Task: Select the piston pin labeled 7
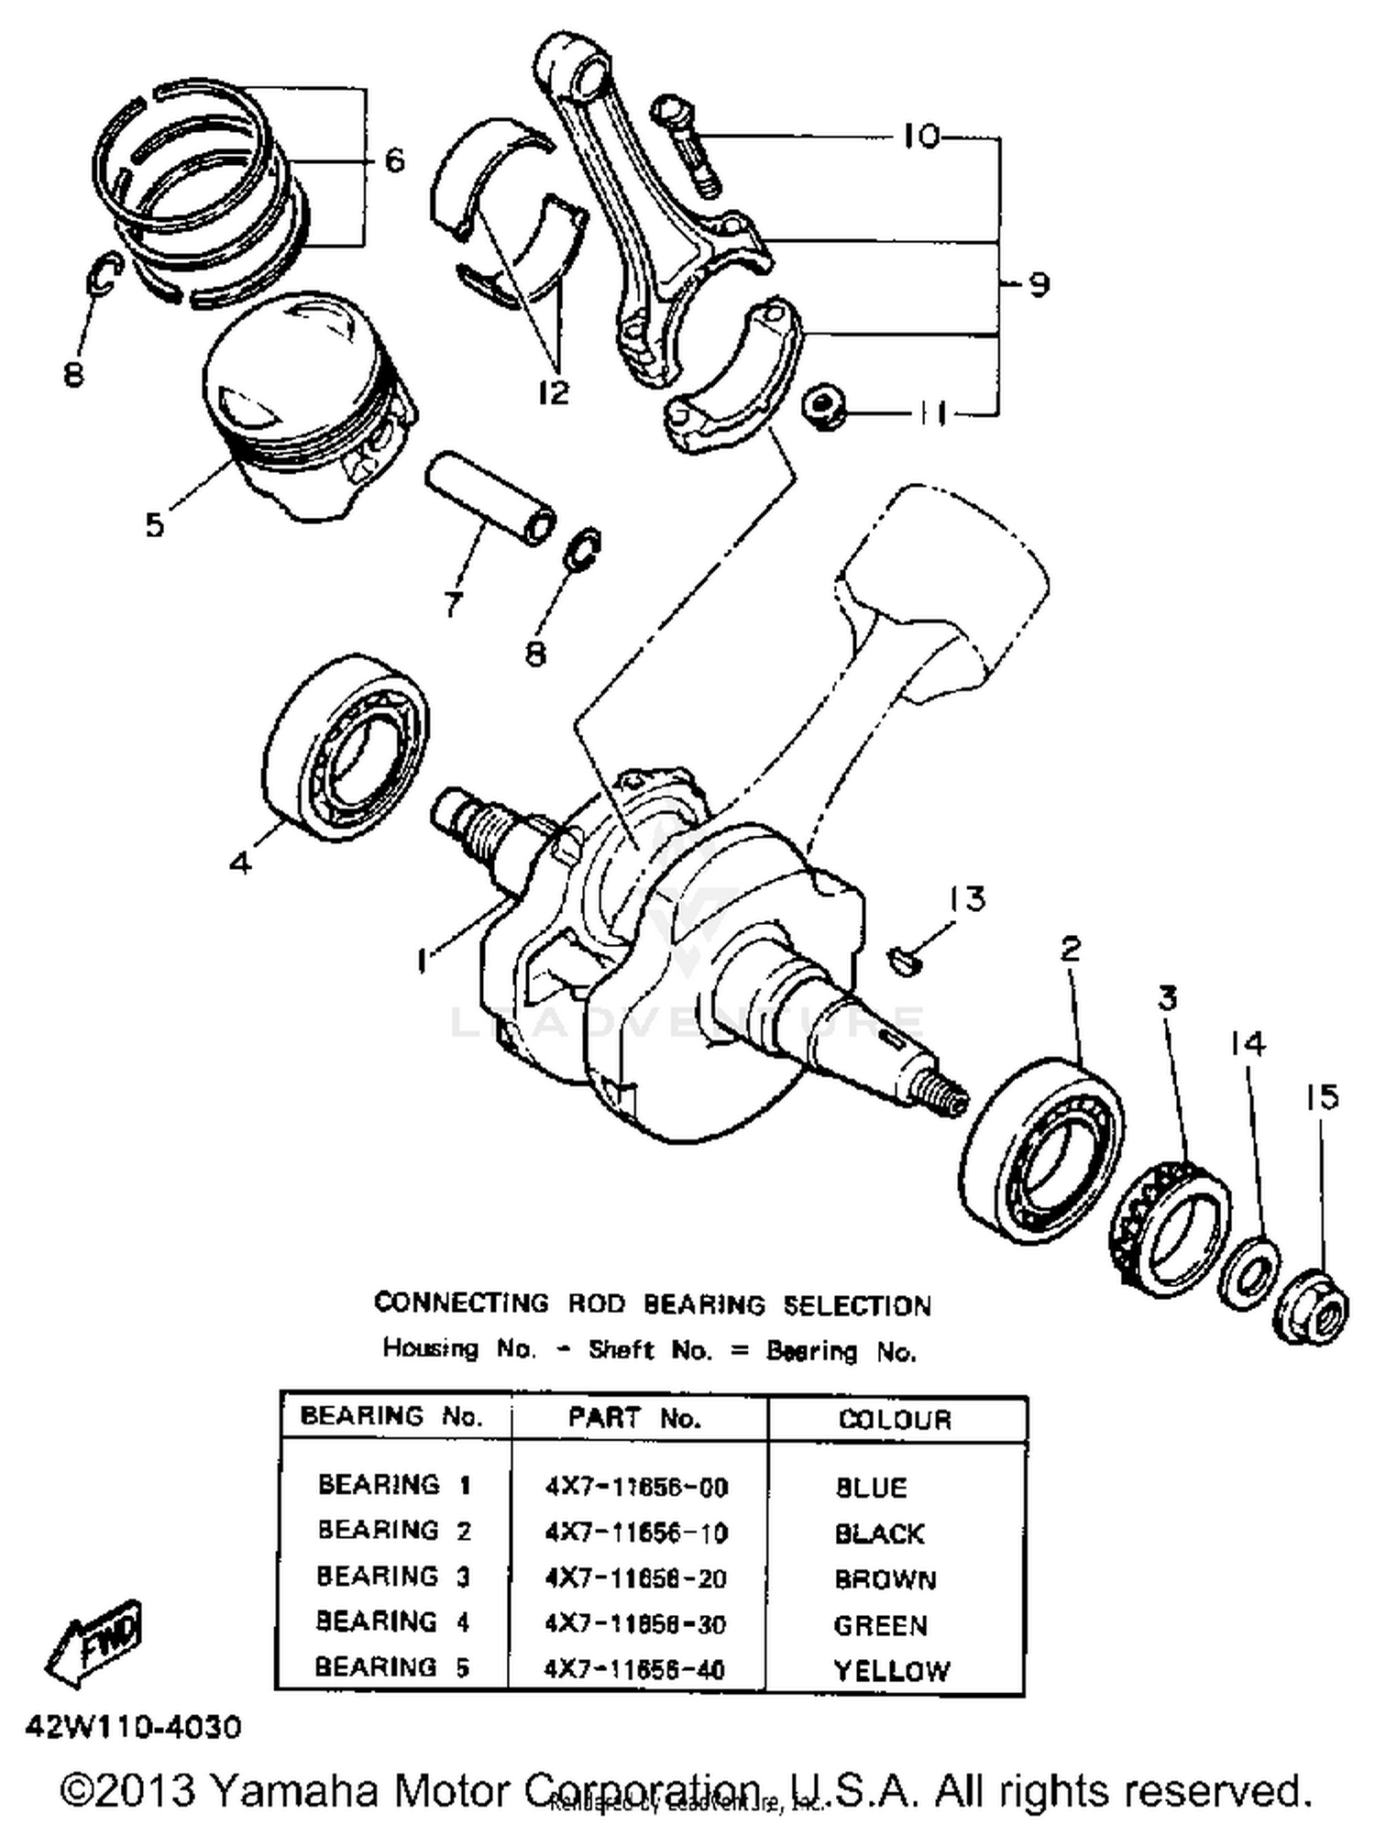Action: (491, 496)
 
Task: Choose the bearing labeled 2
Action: (1046, 1149)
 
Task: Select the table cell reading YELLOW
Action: (891, 1669)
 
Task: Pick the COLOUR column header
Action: (896, 1419)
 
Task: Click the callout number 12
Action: (555, 392)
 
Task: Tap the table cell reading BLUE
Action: (872, 1486)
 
